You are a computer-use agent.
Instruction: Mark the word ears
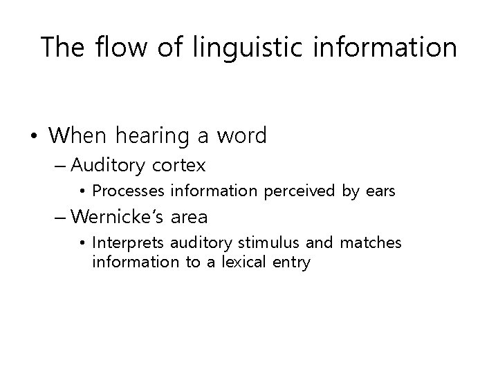click(x=379, y=191)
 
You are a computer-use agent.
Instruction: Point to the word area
click(x=189, y=217)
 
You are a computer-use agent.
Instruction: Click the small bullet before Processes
click(x=82, y=191)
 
